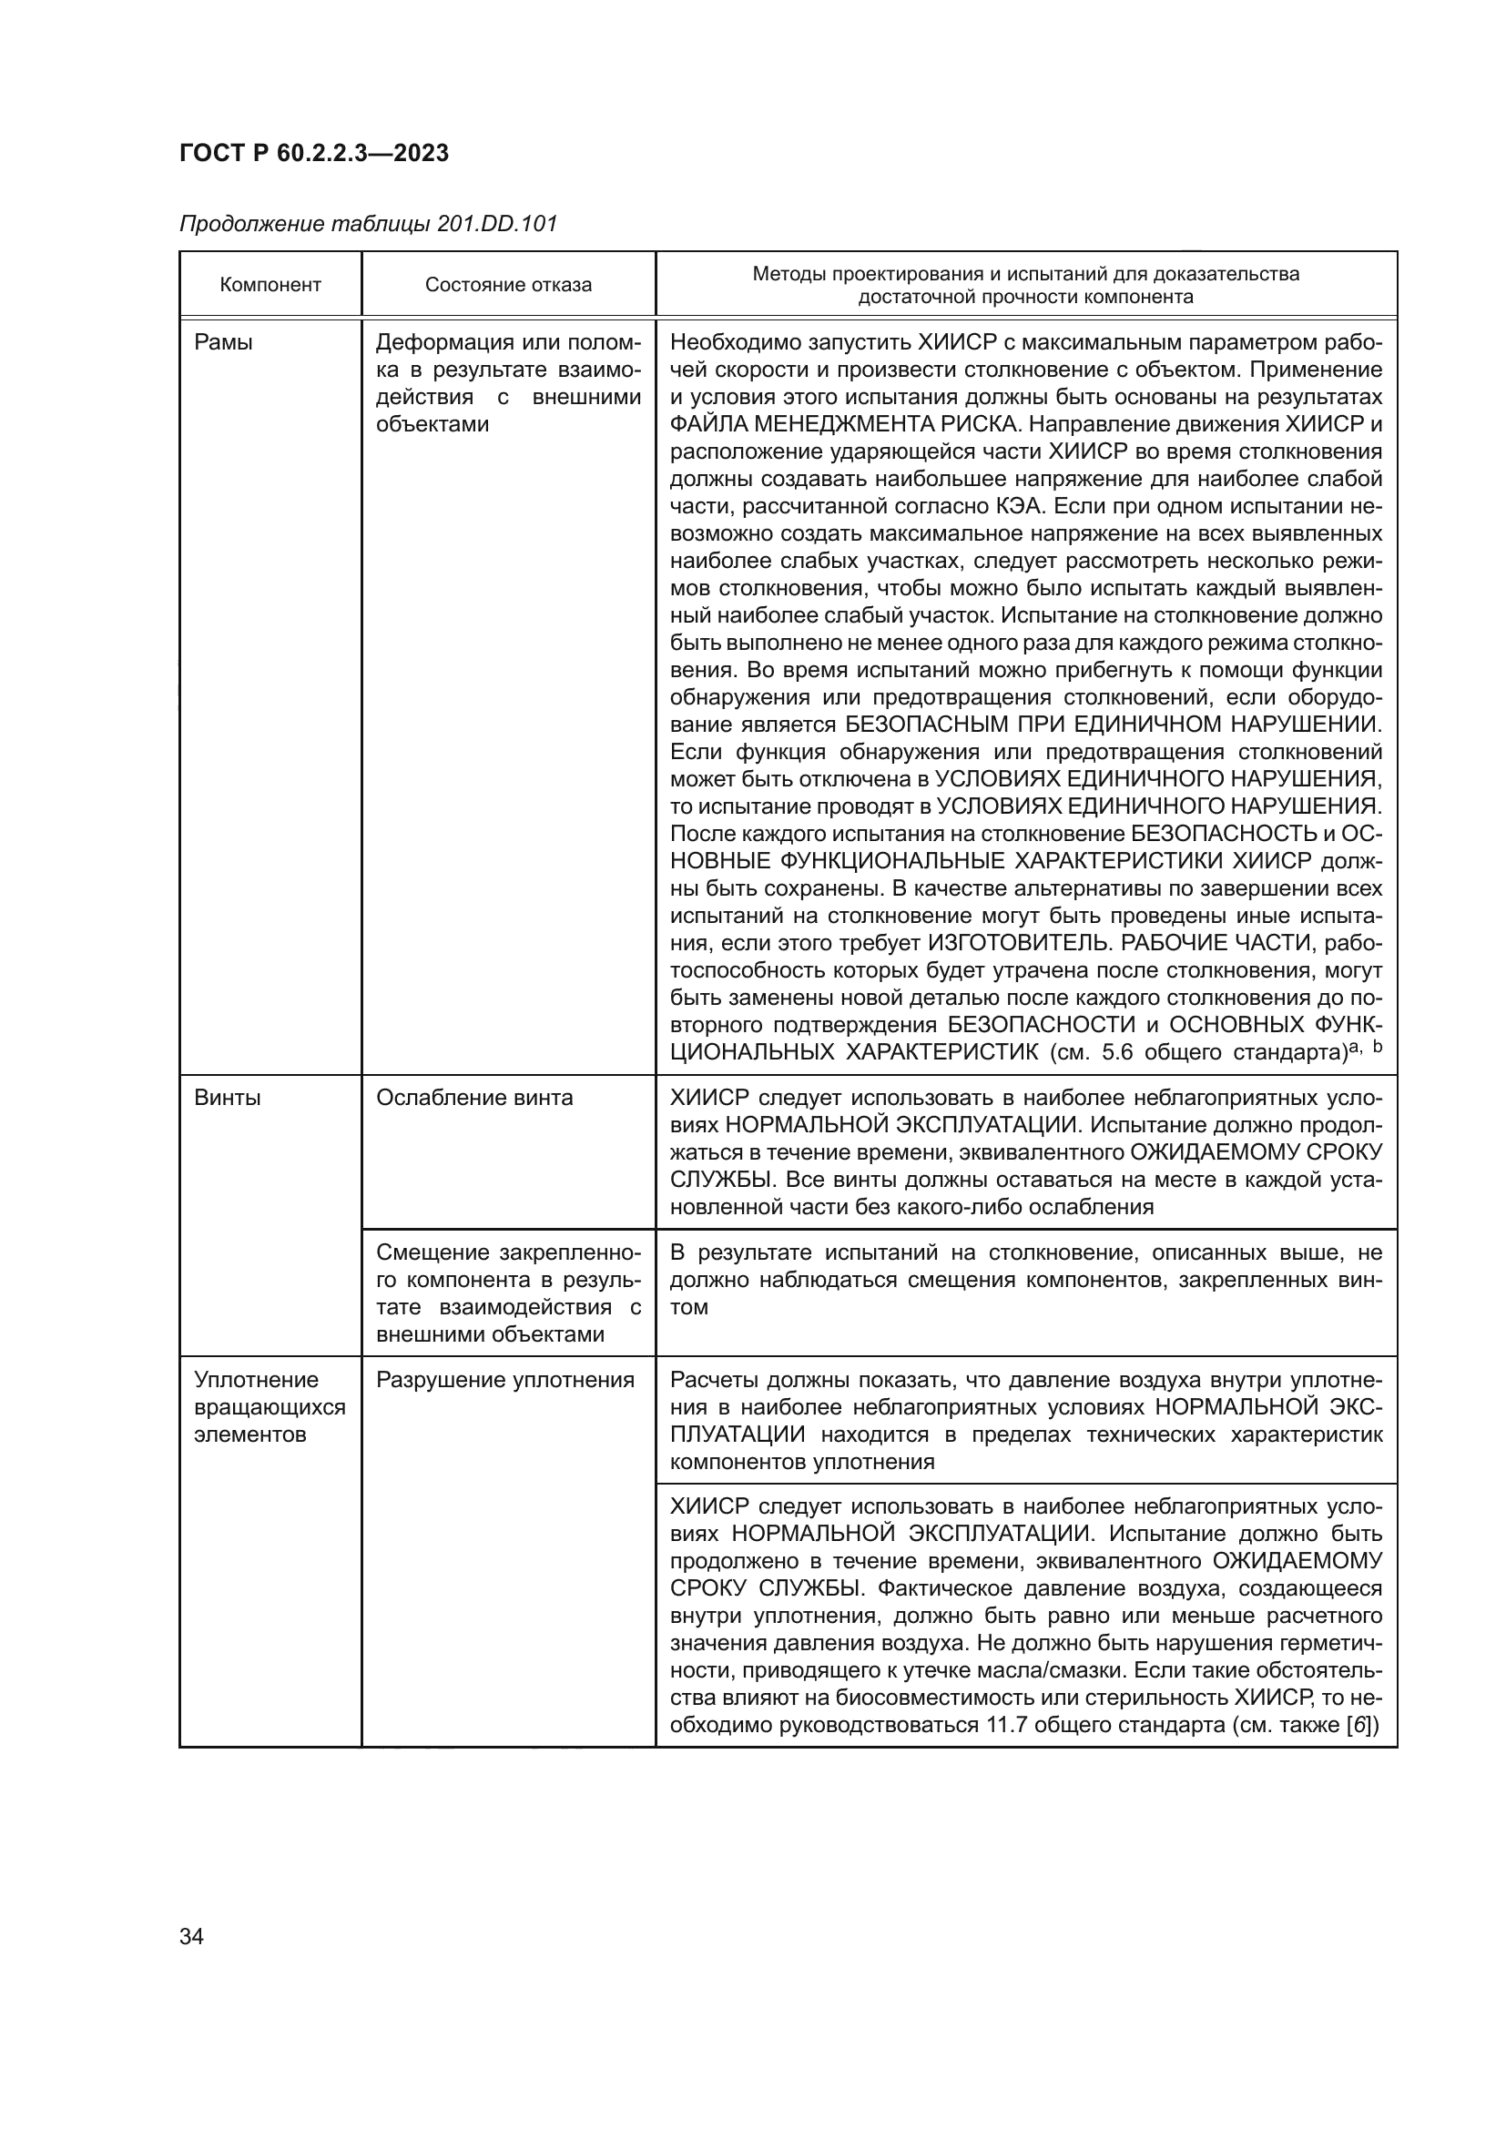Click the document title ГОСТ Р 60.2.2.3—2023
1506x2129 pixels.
(x=313, y=153)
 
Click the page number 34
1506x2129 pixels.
(x=191, y=1936)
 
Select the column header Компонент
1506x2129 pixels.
(x=270, y=285)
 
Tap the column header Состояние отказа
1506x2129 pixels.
(x=508, y=285)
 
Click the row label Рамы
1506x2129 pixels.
(x=223, y=342)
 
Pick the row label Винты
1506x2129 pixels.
(x=228, y=1098)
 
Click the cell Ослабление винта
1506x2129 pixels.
(x=473, y=1098)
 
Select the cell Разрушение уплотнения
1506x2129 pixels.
(x=504, y=1380)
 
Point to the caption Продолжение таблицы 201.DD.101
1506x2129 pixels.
(x=368, y=224)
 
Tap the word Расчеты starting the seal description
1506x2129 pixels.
(x=712, y=1380)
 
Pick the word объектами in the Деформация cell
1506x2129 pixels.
(x=432, y=425)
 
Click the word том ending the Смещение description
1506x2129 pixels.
(x=688, y=1307)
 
